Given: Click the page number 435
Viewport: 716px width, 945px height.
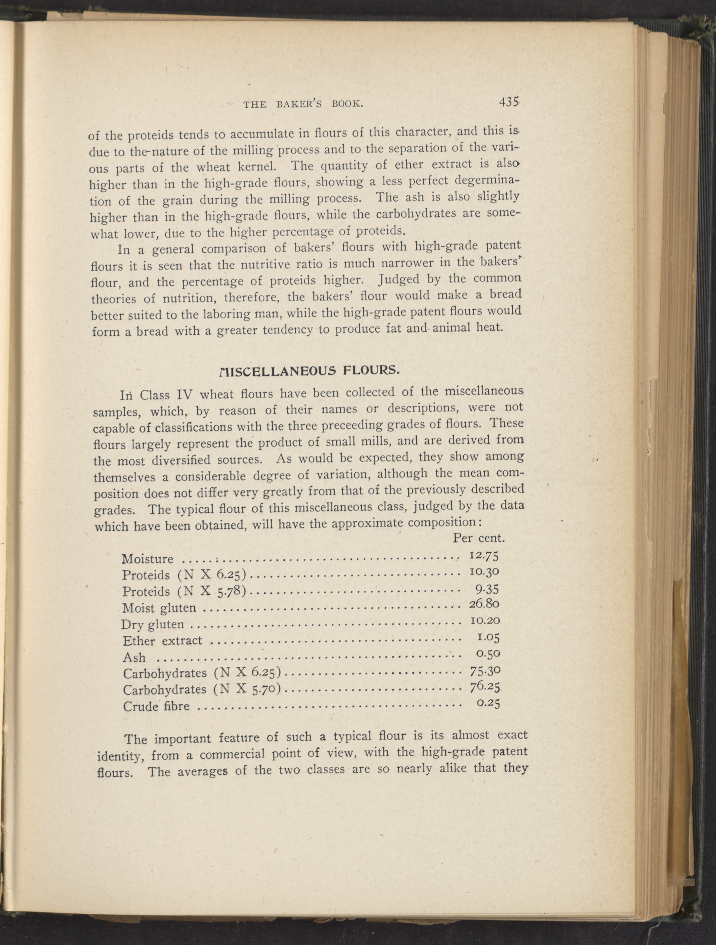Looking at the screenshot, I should pyautogui.click(x=508, y=103).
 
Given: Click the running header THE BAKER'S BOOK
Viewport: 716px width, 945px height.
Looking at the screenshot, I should pyautogui.click(x=303, y=104).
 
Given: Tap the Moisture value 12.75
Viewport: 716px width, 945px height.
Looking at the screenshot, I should pyautogui.click(x=484, y=555).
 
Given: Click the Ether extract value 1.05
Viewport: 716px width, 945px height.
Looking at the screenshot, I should pyautogui.click(x=488, y=637).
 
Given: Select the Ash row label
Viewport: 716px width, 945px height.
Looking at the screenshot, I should pyautogui.click(x=134, y=657).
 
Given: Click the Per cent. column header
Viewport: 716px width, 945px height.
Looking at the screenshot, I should pyautogui.click(x=479, y=538).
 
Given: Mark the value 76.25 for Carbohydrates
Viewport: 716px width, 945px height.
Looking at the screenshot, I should pyautogui.click(x=485, y=687).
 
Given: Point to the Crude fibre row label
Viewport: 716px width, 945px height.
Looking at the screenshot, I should pyautogui.click(x=156, y=706).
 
